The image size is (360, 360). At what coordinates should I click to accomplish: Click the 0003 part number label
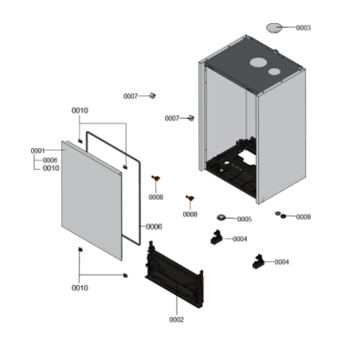click(x=303, y=28)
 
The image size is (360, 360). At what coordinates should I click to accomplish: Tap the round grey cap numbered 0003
click(x=275, y=28)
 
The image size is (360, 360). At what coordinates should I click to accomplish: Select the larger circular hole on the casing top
click(x=259, y=63)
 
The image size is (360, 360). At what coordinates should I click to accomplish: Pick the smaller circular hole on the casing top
click(x=275, y=72)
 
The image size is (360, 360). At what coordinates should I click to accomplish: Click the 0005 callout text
click(x=244, y=219)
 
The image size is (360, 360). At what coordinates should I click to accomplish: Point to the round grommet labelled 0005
click(x=221, y=218)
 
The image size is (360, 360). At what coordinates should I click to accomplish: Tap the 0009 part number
click(x=303, y=217)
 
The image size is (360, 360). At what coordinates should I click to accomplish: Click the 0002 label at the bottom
click(x=176, y=319)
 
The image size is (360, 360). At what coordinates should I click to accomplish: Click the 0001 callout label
click(x=38, y=151)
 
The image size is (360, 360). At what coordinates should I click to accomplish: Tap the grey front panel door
click(x=92, y=199)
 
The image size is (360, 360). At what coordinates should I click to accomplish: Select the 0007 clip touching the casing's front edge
click(x=191, y=118)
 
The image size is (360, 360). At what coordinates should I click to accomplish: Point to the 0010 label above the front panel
click(x=80, y=110)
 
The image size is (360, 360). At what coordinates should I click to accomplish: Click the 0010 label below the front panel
click(x=80, y=288)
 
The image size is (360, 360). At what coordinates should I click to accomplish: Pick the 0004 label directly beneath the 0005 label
click(x=239, y=239)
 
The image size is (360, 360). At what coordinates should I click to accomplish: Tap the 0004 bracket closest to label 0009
click(x=258, y=261)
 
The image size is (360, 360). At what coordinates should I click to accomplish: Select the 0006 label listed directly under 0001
click(x=50, y=160)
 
